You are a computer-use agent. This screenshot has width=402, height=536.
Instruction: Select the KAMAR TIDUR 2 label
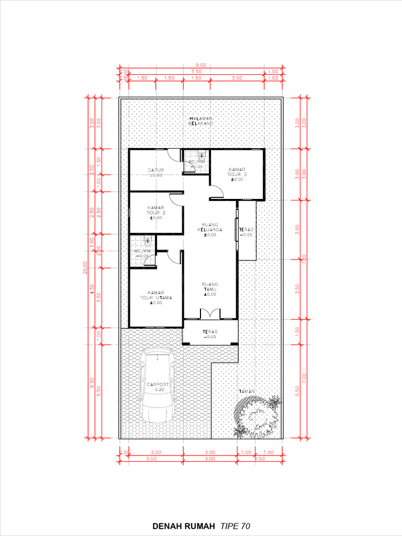pos(156,213)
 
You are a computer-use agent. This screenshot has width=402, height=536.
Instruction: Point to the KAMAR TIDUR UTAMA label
pos(155,297)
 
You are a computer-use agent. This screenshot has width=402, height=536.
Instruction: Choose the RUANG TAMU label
pos(210,289)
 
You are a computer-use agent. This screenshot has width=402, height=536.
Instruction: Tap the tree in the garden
pos(258,417)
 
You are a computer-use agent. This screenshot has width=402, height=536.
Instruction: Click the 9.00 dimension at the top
pos(201,65)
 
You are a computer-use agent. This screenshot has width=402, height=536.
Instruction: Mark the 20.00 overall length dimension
pos(85,267)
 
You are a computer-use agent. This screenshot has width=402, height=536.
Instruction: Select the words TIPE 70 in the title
pos(235,526)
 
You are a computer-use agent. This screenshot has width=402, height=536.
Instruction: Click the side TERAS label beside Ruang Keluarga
pos(246,232)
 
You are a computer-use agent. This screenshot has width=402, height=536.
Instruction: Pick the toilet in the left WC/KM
pos(148,242)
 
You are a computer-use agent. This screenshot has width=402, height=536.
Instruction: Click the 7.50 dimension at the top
pos(196,71)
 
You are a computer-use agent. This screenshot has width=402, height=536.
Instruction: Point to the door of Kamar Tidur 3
pos(218,192)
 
